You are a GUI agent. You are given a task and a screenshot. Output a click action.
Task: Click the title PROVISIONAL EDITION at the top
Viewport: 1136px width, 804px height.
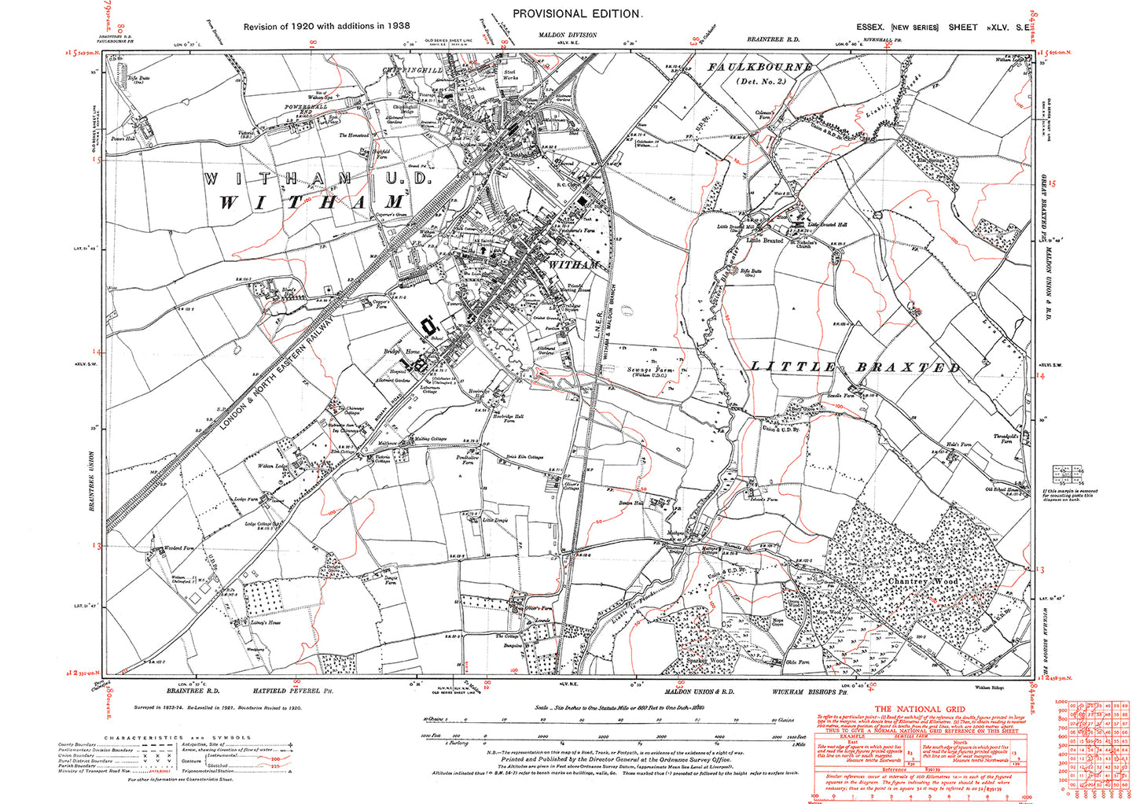577,13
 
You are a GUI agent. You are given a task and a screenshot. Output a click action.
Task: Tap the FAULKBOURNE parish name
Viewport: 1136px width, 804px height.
759,68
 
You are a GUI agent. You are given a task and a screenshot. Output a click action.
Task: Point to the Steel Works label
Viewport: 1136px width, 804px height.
510,75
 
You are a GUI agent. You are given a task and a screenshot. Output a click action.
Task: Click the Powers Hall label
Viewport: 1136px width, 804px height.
123,138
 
